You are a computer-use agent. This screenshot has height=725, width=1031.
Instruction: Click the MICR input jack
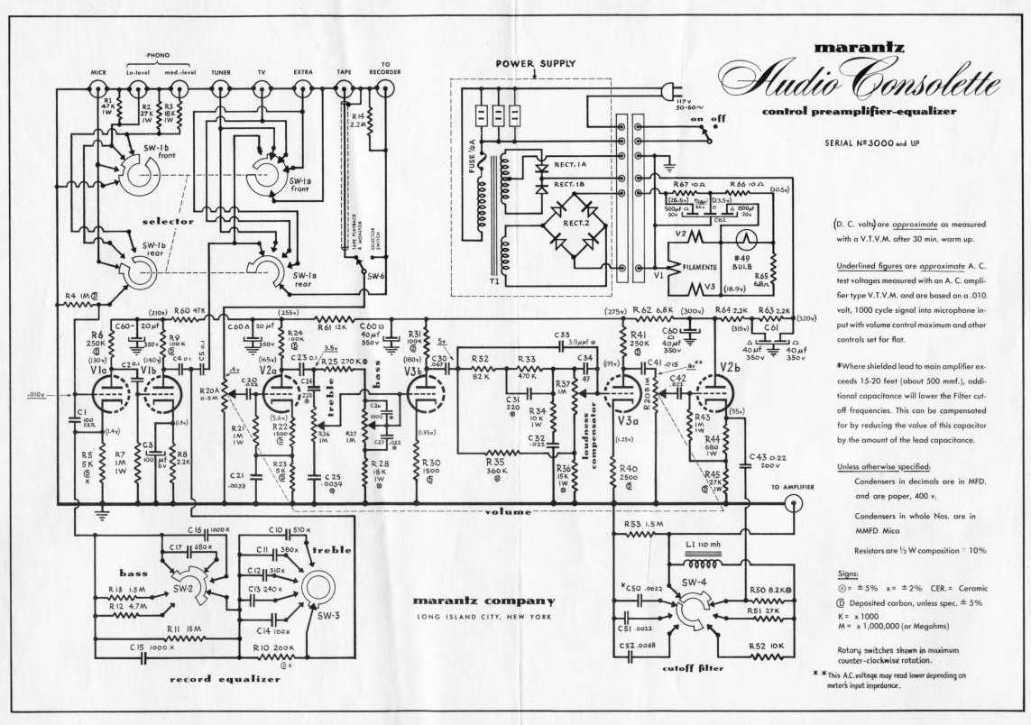click(98, 87)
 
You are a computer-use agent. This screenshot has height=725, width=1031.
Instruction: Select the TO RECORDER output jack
click(386, 87)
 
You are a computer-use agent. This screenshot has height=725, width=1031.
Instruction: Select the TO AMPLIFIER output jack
click(793, 505)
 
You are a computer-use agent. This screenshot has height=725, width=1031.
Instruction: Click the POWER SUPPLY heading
click(535, 64)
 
